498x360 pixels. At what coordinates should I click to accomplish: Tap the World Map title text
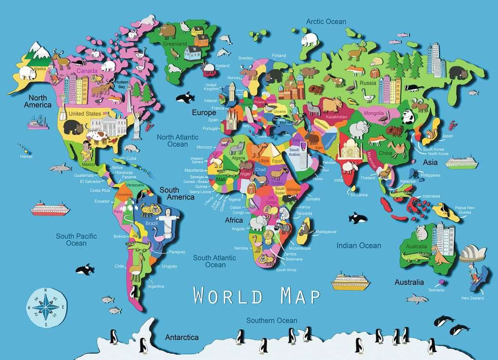coord(257,295)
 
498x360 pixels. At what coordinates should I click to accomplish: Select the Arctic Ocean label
coord(326,21)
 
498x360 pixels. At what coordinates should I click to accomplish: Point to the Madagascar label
coord(326,232)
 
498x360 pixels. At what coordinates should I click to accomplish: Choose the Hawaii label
coord(26,157)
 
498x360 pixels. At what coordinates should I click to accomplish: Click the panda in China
coord(408,116)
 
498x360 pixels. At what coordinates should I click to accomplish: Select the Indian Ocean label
coord(359,246)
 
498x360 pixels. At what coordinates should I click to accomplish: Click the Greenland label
coord(175,44)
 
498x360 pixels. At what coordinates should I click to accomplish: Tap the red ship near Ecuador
coord(50,209)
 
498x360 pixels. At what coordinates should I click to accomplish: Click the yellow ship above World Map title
coord(351,282)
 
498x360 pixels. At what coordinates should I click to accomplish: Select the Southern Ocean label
coord(271,320)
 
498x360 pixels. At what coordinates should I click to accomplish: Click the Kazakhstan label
coord(337,117)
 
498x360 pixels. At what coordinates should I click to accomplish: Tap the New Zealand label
coord(472,298)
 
